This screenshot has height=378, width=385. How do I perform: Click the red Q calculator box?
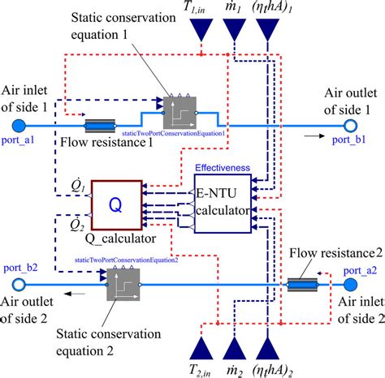(x=115, y=206)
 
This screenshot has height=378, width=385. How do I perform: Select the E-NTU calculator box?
(x=223, y=207)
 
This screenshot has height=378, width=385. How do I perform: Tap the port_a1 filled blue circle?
(x=17, y=125)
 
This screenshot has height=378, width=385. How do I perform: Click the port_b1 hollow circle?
(x=351, y=125)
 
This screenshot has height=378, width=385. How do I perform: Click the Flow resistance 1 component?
(x=104, y=126)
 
